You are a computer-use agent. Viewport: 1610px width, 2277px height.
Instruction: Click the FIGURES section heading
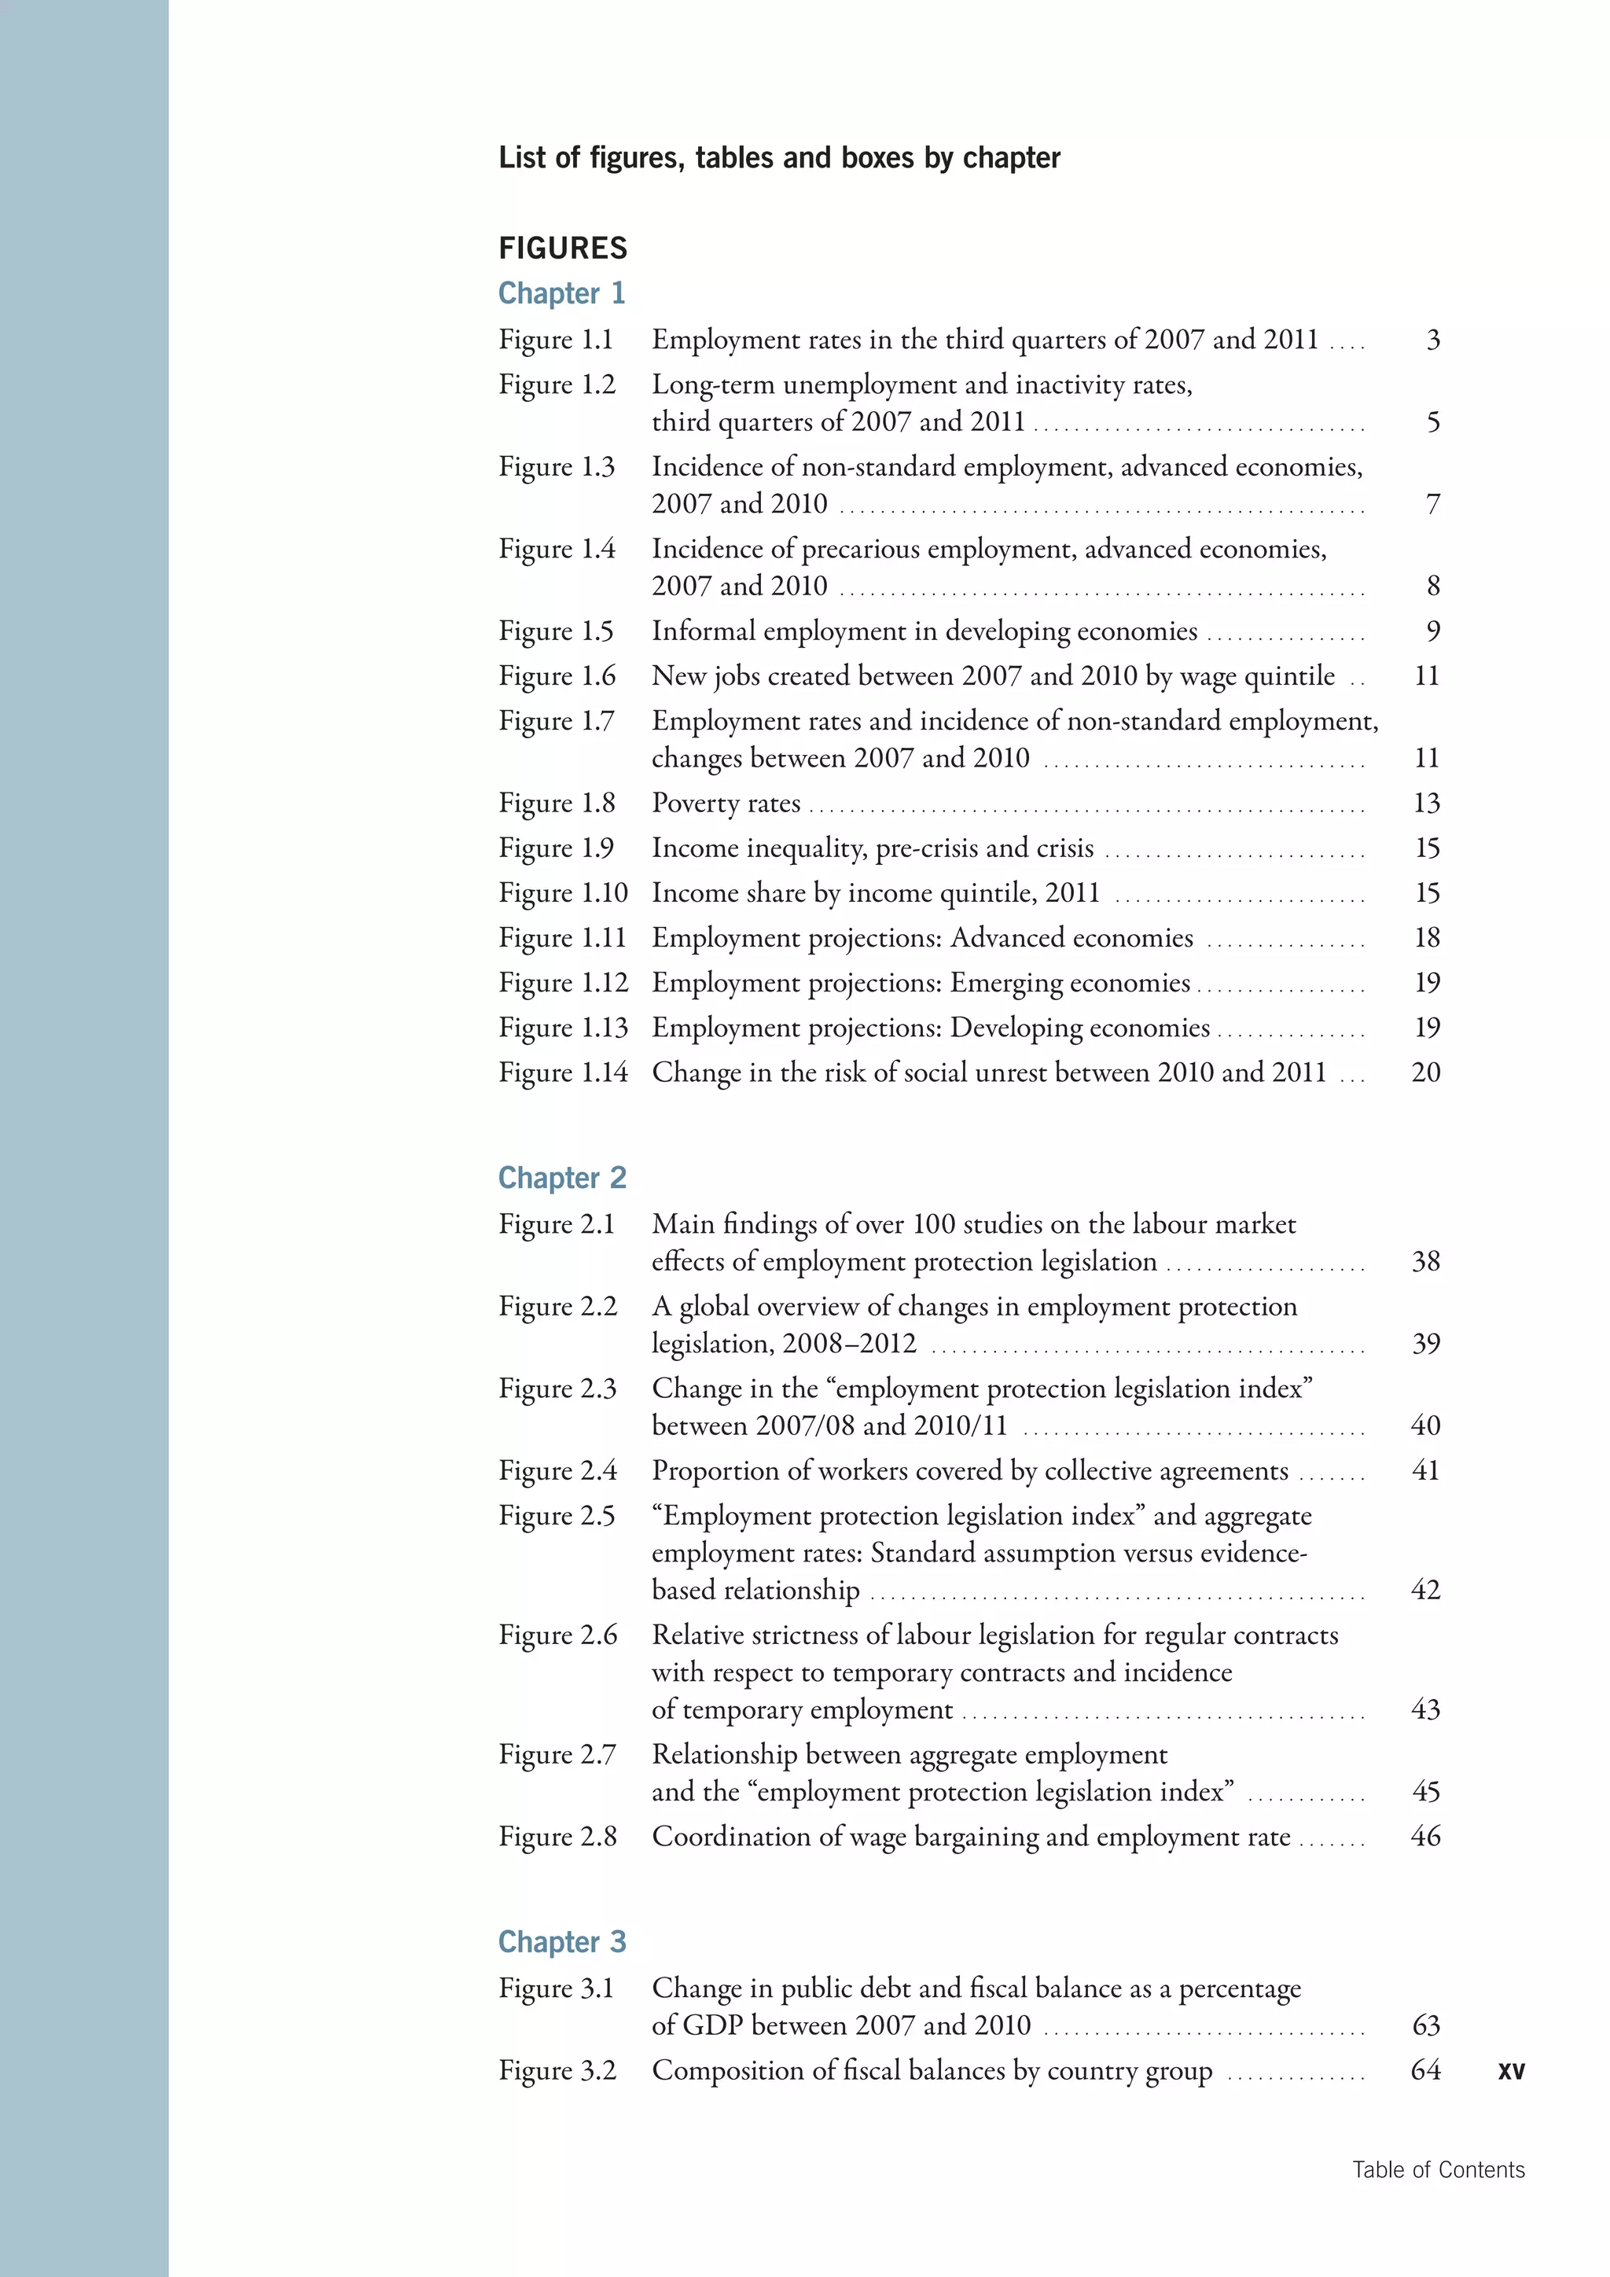tap(562, 248)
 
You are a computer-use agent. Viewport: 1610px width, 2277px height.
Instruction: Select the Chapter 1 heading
tap(561, 293)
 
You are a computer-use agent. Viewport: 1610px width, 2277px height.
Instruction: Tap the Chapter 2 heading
tap(562, 1178)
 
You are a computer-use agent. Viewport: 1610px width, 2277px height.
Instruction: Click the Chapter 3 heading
tap(562, 1942)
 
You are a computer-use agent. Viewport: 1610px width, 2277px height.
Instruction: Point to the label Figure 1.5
tap(556, 631)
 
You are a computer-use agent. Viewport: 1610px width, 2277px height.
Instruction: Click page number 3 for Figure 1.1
tap(1432, 340)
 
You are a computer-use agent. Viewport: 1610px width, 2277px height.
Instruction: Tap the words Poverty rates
tap(726, 804)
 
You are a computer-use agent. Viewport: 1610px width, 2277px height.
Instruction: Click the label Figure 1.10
tap(563, 893)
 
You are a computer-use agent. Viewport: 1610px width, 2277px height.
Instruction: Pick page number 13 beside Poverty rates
tap(1425, 804)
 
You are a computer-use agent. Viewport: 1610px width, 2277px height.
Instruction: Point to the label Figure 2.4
tap(557, 1471)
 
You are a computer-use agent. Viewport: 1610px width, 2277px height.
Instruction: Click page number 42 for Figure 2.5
tap(1424, 1590)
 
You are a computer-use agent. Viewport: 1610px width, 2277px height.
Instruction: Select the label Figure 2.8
tap(557, 1837)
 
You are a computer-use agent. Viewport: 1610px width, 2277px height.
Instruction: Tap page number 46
tap(1424, 1837)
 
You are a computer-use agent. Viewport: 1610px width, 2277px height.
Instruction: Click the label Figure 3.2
tap(557, 2071)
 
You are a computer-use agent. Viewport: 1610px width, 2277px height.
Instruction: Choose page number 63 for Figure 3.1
tap(1425, 2025)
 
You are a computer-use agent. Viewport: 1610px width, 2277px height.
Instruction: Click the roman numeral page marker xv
tap(1511, 2071)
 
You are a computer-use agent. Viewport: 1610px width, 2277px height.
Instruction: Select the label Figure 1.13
tap(563, 1028)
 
